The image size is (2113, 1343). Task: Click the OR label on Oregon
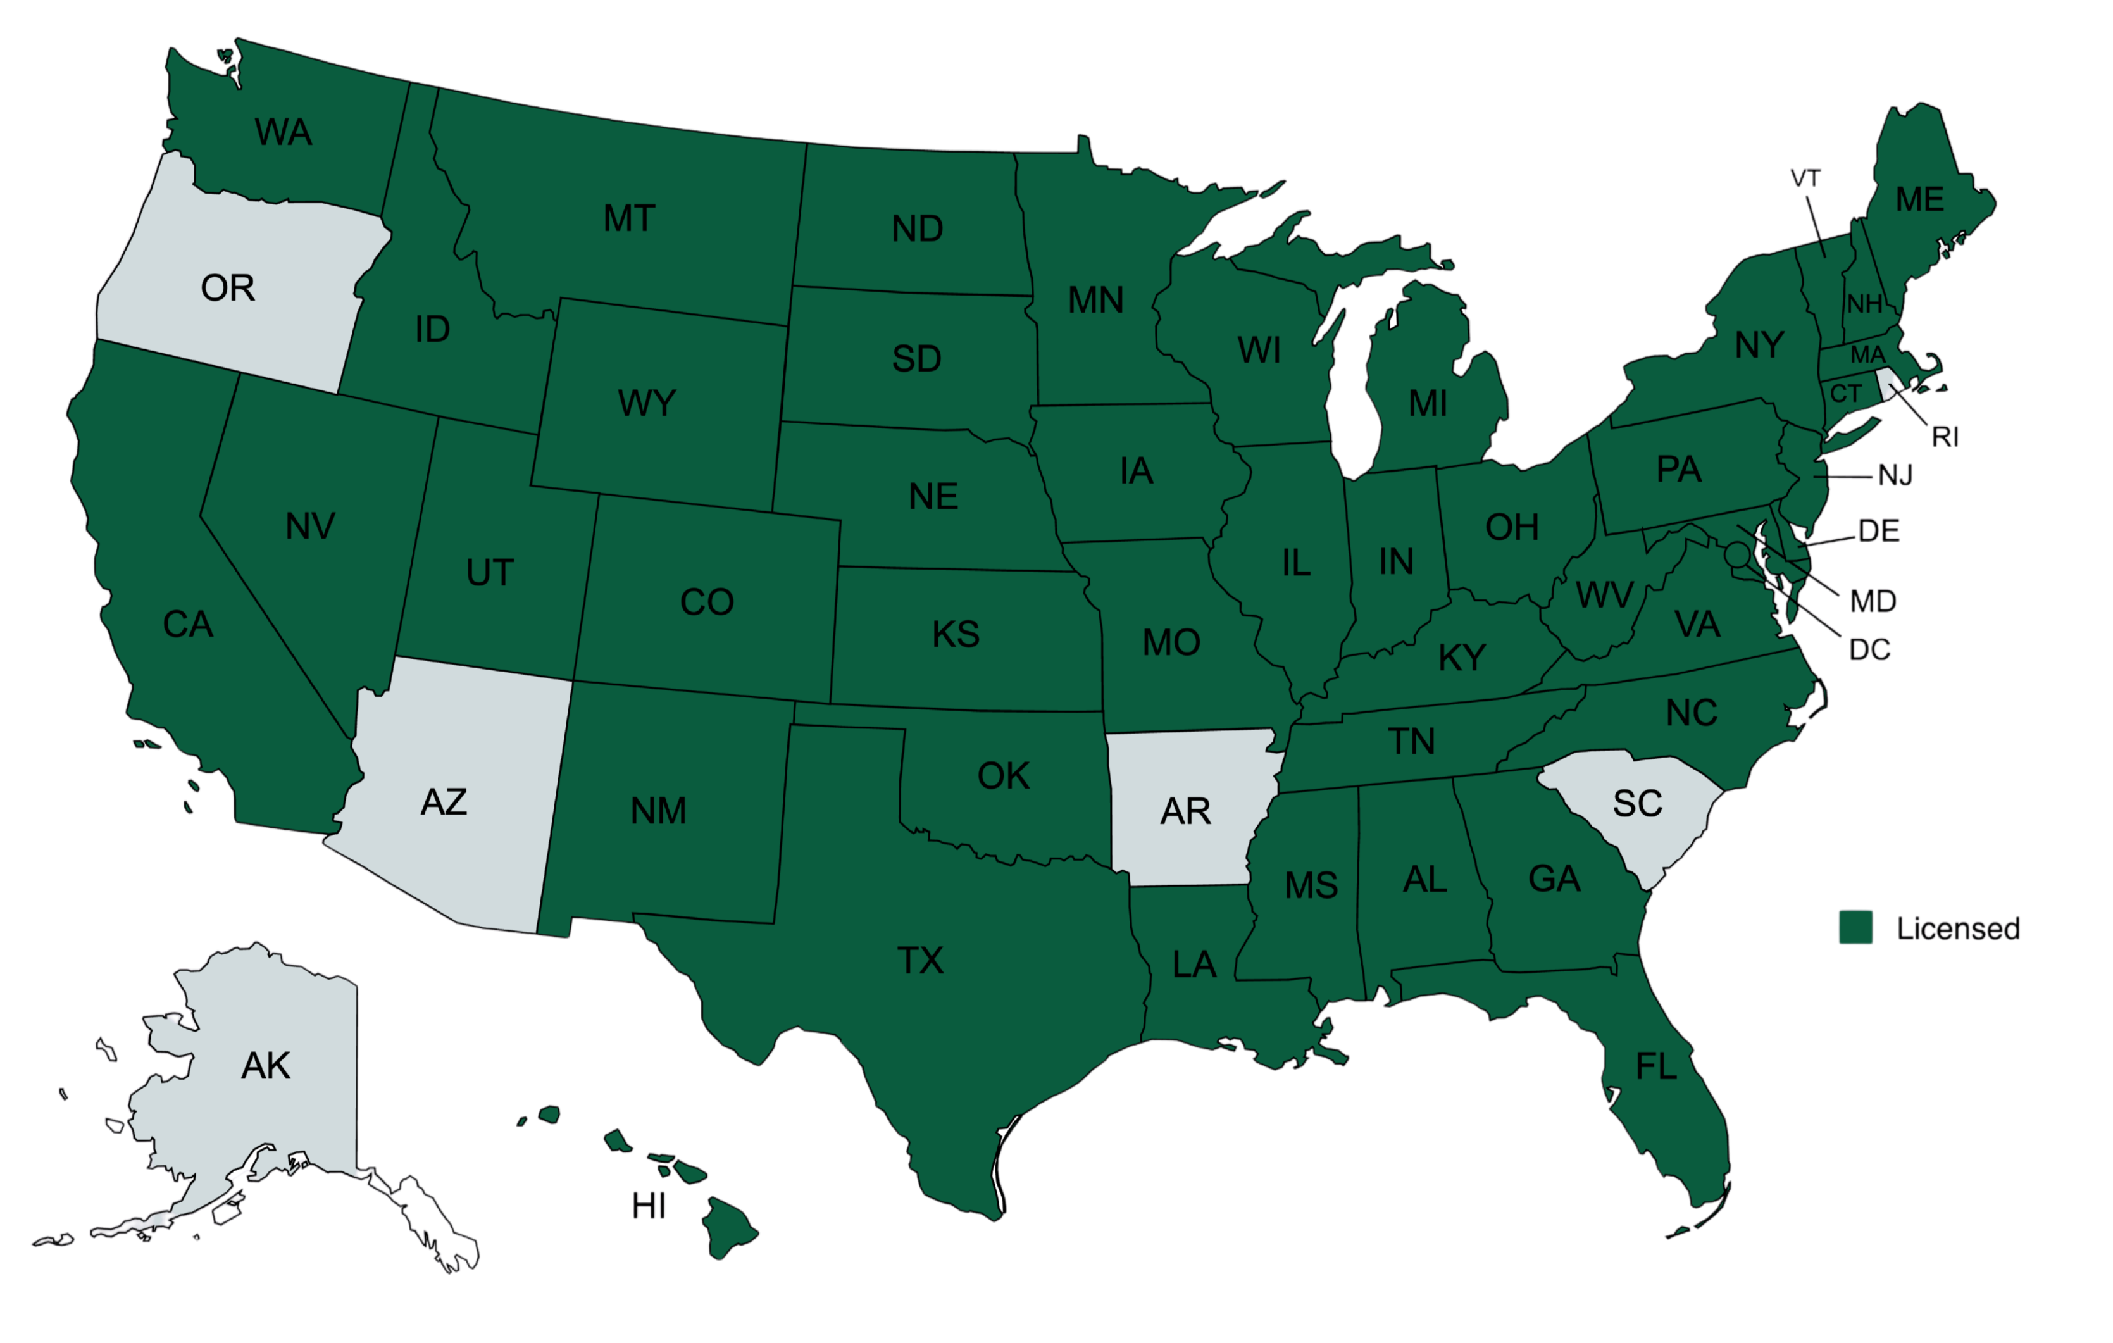click(228, 288)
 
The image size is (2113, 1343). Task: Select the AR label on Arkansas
click(1185, 811)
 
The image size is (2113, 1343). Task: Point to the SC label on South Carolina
click(1637, 803)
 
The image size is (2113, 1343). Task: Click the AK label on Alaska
click(265, 1066)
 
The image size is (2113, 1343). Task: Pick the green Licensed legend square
click(1856, 927)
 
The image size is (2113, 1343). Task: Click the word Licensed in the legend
click(1959, 928)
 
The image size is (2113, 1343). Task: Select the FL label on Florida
click(1657, 1066)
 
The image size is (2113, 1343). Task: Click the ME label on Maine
click(1920, 199)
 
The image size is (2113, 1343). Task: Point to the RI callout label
click(1945, 436)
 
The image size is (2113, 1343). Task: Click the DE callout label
click(1879, 530)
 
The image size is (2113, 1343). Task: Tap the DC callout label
click(1871, 649)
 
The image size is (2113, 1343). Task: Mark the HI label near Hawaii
click(649, 1207)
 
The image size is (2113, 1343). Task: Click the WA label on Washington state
click(284, 132)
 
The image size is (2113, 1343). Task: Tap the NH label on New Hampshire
click(1864, 304)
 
